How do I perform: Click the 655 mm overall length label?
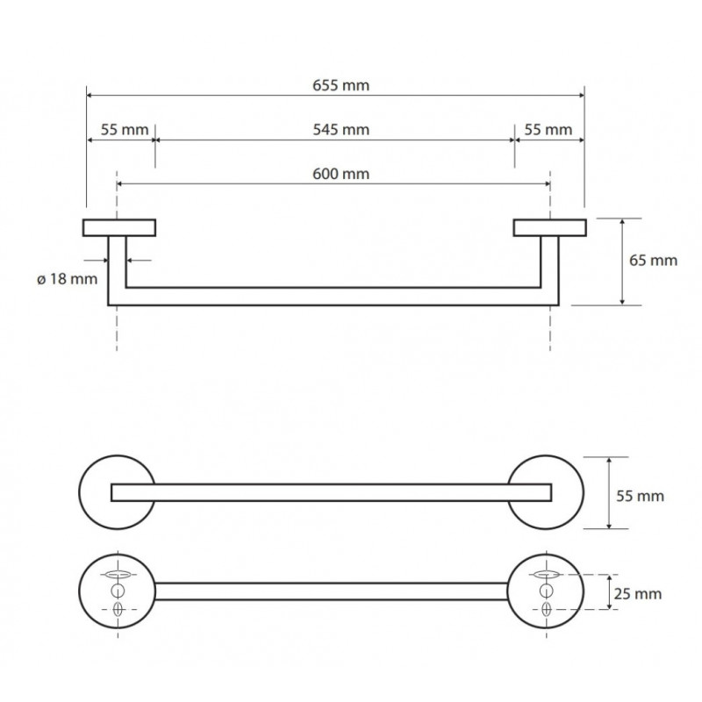point(340,85)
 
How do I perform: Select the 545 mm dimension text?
point(340,130)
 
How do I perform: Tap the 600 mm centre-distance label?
point(340,174)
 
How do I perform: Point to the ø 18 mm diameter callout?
point(68,279)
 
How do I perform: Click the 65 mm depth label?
point(653,260)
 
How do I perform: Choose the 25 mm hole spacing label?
point(638,594)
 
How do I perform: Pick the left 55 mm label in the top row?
point(125,130)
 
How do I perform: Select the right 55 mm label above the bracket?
point(548,130)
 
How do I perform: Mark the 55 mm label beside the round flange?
point(641,496)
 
